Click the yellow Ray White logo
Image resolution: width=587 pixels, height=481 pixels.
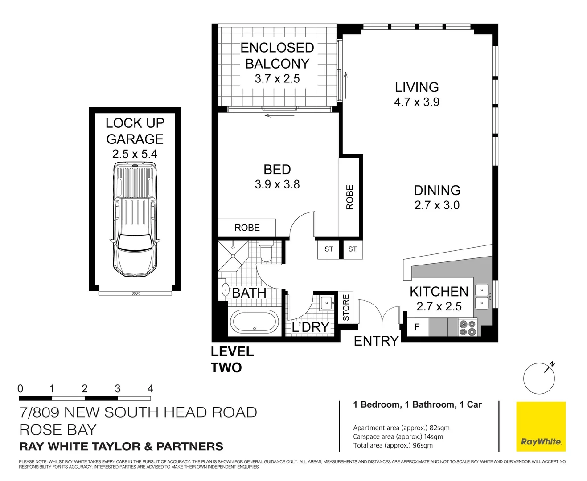(x=541, y=426)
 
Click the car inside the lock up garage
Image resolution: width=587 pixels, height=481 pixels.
(x=135, y=220)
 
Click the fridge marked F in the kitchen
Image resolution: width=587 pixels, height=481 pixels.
(x=417, y=327)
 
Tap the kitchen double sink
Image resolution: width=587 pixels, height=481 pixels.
(x=482, y=297)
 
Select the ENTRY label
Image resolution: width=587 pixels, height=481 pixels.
(x=376, y=341)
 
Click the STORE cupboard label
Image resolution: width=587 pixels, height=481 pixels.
(x=346, y=307)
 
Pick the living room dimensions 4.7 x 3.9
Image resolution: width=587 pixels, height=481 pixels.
(x=416, y=102)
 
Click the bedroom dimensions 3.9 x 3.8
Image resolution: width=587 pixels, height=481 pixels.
(x=277, y=184)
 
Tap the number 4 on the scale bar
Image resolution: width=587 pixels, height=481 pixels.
(x=150, y=388)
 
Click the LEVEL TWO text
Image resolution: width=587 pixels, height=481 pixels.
(x=232, y=359)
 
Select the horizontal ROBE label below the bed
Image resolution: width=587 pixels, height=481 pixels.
(x=247, y=228)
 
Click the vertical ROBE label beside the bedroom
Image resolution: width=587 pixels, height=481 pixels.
(x=350, y=197)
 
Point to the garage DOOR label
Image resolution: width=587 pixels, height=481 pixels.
(x=135, y=293)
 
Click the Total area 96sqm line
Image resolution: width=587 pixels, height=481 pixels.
(x=393, y=445)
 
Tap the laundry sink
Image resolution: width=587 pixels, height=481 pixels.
(x=326, y=303)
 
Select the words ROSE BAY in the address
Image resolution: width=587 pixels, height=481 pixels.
(x=58, y=430)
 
